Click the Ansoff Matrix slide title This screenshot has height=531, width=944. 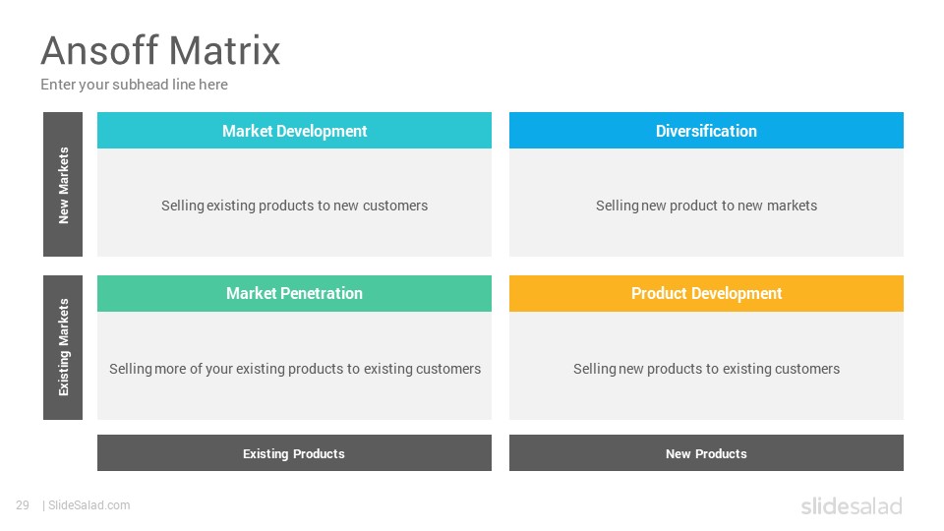pyautogui.click(x=160, y=50)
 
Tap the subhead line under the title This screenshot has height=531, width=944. pyautogui.click(x=135, y=85)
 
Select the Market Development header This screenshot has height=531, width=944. pyautogui.click(x=294, y=130)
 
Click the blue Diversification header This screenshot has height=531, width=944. pyautogui.click(x=706, y=130)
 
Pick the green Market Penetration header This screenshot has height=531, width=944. pyautogui.click(x=294, y=293)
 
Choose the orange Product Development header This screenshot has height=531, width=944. pyautogui.click(x=706, y=293)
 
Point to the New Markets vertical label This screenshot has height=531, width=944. pyautogui.click(x=63, y=184)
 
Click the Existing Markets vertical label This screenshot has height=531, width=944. pyautogui.click(x=63, y=347)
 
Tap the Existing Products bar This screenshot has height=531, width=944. pyautogui.click(x=294, y=452)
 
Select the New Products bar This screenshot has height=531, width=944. pyautogui.click(x=706, y=452)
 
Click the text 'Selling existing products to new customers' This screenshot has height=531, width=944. pyautogui.click(x=294, y=206)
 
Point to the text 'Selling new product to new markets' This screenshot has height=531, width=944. pyautogui.click(x=706, y=206)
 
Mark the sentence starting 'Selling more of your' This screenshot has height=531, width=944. pyautogui.click(x=295, y=369)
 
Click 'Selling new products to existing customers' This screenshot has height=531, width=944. pyautogui.click(x=706, y=369)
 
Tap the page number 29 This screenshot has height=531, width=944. pyautogui.click(x=23, y=505)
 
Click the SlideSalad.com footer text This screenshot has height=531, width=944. pyautogui.click(x=88, y=505)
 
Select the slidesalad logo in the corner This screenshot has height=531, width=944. pyautogui.click(x=852, y=505)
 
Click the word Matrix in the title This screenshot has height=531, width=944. pyautogui.click(x=224, y=50)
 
